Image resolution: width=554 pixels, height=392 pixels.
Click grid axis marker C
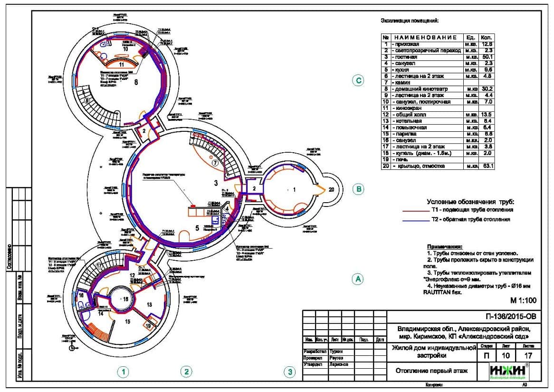(359, 81)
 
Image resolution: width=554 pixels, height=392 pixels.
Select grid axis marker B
(359, 189)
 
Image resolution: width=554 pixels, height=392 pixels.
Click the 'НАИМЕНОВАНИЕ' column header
(425, 37)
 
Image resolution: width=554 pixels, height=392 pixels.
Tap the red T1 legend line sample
(415, 210)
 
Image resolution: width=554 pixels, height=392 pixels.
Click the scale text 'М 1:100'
(523, 300)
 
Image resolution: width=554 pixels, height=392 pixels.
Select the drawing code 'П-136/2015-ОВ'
(509, 316)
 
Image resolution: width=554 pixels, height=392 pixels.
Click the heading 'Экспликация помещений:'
(410, 21)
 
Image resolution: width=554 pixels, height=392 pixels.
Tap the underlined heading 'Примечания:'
(444, 247)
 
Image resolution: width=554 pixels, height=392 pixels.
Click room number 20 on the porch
(332, 189)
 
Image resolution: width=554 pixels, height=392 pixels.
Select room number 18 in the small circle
(125, 299)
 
